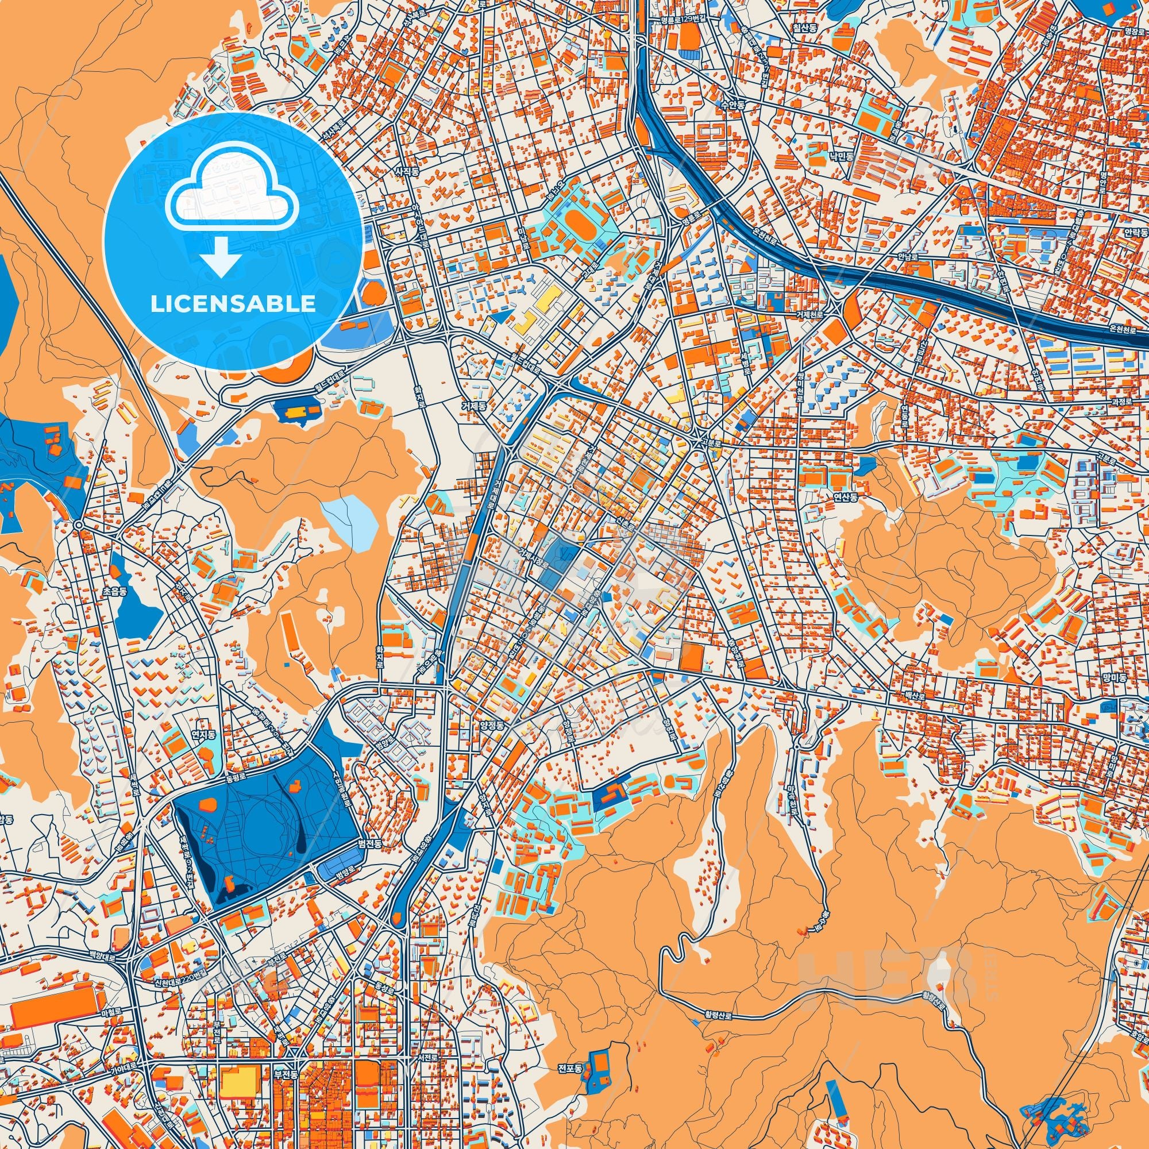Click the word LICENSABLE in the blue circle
233,304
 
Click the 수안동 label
732,103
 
